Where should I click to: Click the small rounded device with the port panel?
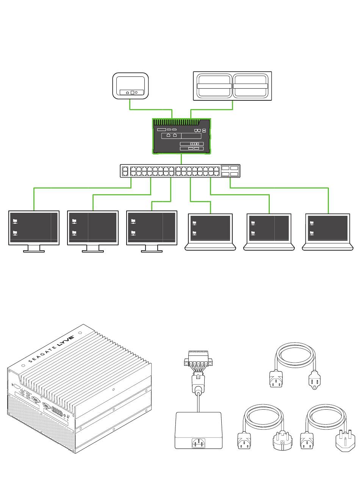[x=130, y=86]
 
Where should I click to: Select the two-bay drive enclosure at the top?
[x=232, y=86]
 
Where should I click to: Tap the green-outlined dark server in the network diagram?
[x=182, y=136]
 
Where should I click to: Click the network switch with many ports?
[x=180, y=171]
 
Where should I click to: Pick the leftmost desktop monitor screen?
[x=34, y=228]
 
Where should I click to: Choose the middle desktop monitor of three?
[x=93, y=228]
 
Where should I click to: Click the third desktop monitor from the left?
[x=152, y=228]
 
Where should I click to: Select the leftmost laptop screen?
[x=210, y=228]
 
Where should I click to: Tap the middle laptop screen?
[x=269, y=228]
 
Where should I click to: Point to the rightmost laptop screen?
[x=327, y=228]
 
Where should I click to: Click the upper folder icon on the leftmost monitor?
[x=15, y=221]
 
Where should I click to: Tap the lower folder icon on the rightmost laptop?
[x=312, y=233]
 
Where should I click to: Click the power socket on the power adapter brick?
[x=199, y=443]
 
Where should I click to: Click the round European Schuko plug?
[x=283, y=440]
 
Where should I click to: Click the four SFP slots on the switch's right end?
[x=230, y=171]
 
